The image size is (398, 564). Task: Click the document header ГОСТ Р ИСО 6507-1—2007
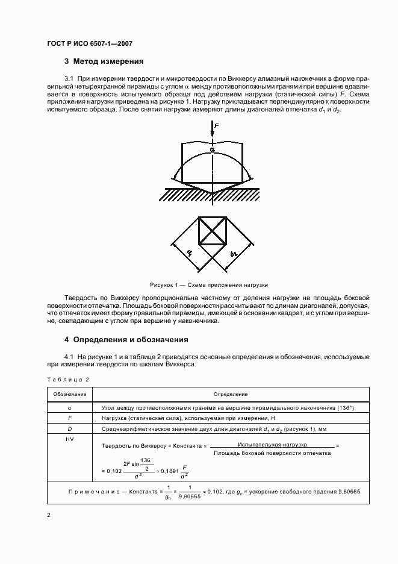point(90,43)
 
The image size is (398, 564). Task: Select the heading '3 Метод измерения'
point(104,61)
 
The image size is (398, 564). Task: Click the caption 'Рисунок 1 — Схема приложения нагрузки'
point(209,284)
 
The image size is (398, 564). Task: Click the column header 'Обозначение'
point(68,394)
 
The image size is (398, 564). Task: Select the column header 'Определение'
point(230,394)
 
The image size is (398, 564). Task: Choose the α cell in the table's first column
point(68,407)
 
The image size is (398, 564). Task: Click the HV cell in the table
point(68,440)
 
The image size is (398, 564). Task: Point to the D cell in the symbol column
point(68,428)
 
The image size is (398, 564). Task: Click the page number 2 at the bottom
point(48,516)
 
